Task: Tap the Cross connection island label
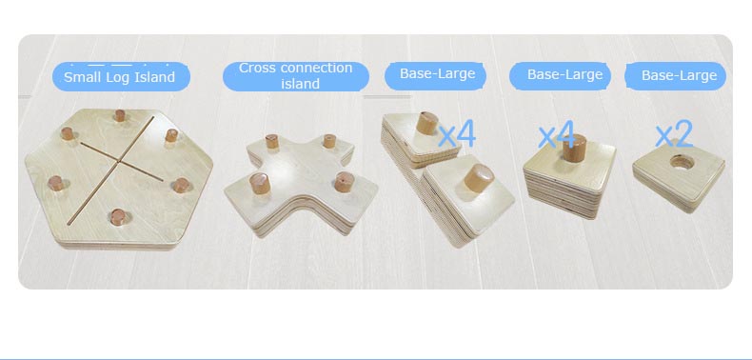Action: (x=296, y=76)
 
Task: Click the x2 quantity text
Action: (x=674, y=134)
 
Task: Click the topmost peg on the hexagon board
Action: (x=119, y=115)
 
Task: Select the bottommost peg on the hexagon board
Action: (x=117, y=217)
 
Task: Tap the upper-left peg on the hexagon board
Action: (x=68, y=133)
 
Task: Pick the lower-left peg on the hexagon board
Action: (x=55, y=183)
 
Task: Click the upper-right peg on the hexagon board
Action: (x=171, y=135)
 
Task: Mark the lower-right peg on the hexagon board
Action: (x=181, y=186)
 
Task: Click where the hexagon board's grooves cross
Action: (x=117, y=161)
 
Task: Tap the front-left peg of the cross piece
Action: (x=260, y=184)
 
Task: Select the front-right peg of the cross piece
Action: (x=345, y=182)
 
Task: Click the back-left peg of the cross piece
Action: (x=272, y=141)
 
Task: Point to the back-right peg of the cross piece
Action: (x=329, y=141)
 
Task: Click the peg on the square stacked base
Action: (x=575, y=148)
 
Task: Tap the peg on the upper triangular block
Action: (x=426, y=123)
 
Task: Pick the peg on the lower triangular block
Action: (x=479, y=177)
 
